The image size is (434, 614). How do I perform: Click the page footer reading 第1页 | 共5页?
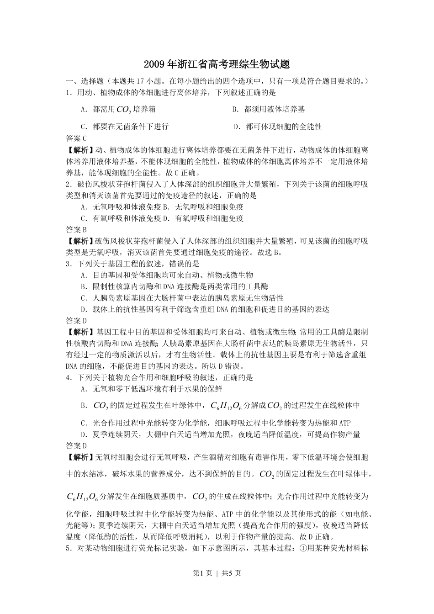tap(217, 573)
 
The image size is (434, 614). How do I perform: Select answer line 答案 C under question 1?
tap(76, 138)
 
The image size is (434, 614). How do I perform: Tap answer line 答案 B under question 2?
tap(76, 229)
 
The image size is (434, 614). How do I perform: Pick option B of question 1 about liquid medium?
tap(269, 109)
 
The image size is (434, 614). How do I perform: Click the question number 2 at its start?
tap(68, 184)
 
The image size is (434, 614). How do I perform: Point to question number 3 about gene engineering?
tap(68, 264)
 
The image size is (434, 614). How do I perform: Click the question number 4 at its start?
tap(68, 378)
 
